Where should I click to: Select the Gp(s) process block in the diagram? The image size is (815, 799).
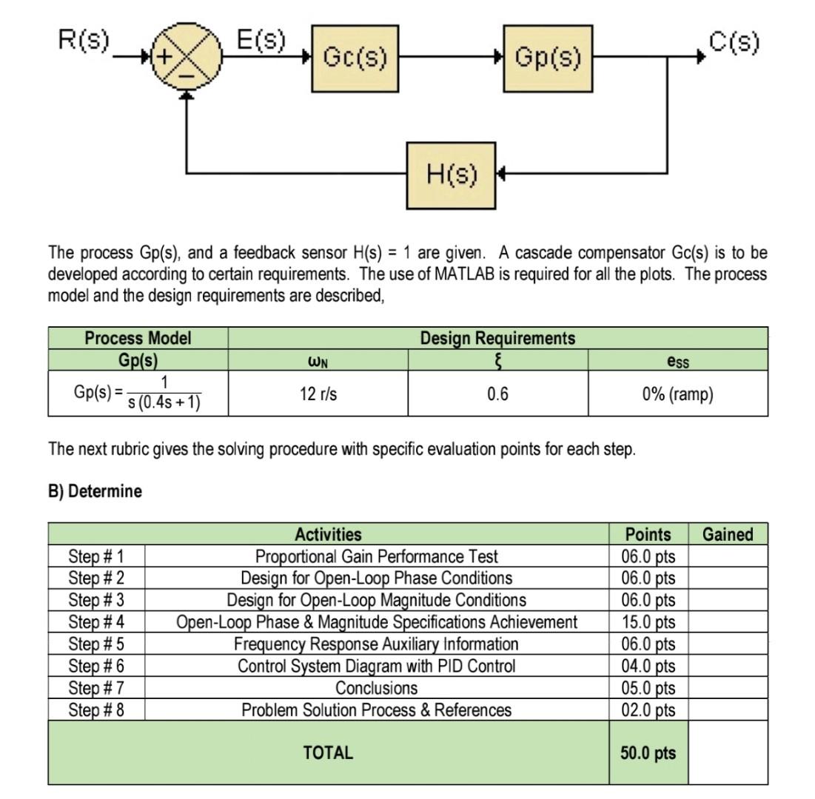pos(548,58)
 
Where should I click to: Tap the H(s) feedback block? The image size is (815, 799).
pos(452,175)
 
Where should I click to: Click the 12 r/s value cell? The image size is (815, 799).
pos(318,394)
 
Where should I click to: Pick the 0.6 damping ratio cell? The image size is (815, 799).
pos(497,394)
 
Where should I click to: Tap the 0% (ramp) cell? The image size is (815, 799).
pos(677,394)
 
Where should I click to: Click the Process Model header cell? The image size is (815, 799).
pos(138,338)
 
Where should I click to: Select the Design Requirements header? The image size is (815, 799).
pos(497,338)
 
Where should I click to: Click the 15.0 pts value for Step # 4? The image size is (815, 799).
pos(648,622)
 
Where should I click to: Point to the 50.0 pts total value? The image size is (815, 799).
pos(648,753)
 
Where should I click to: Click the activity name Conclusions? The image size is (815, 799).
pos(376,688)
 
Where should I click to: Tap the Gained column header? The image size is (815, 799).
pos(727,534)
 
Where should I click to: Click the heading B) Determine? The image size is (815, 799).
pos(95,491)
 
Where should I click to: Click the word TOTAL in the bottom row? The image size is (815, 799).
pos(328,753)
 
